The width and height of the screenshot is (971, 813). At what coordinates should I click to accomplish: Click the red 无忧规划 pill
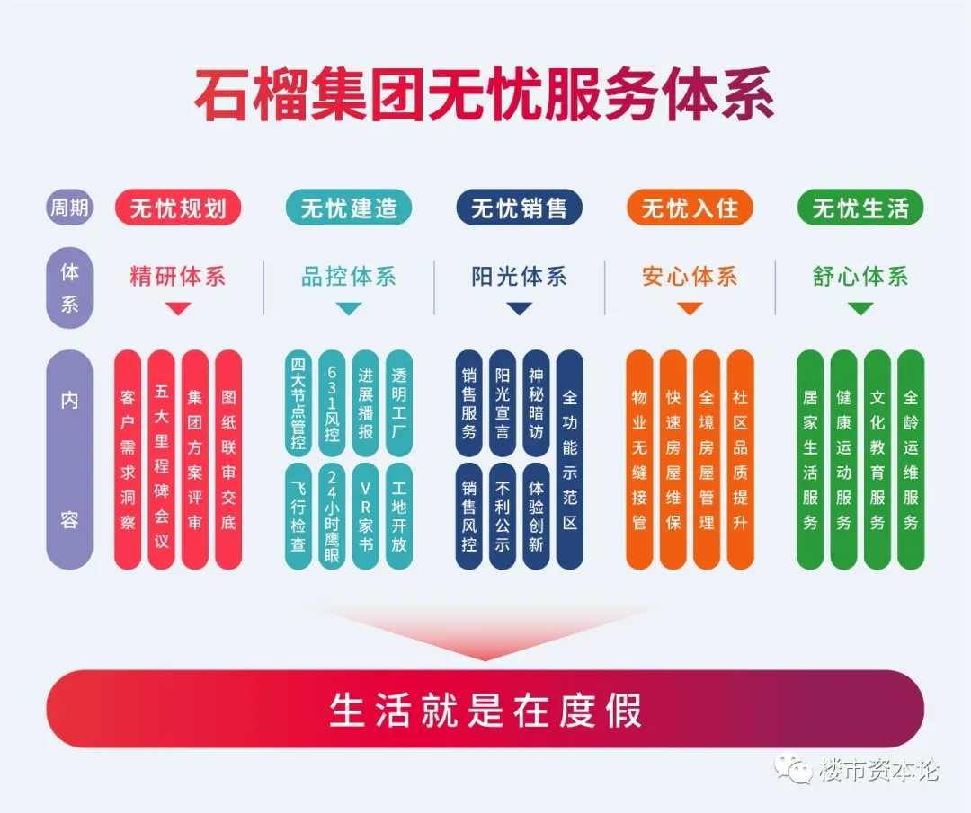[178, 208]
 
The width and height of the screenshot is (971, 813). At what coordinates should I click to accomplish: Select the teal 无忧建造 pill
[349, 208]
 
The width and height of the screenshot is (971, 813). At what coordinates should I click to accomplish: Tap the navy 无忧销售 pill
[519, 208]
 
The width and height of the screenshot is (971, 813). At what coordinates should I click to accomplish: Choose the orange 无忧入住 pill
[690, 208]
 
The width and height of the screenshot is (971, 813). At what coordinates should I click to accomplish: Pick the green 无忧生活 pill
[860, 208]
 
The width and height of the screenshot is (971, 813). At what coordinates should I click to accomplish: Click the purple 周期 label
[69, 208]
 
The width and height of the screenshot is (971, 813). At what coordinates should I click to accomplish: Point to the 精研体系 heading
[178, 277]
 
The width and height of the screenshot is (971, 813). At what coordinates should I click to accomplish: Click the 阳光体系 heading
[519, 277]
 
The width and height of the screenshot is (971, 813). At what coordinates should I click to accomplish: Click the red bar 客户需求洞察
[128, 460]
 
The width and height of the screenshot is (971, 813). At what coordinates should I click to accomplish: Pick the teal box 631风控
[332, 403]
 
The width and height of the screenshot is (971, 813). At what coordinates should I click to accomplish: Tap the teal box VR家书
[365, 516]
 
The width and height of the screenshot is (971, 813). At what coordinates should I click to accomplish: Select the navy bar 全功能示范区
[570, 460]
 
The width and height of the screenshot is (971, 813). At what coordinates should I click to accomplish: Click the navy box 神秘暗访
[536, 403]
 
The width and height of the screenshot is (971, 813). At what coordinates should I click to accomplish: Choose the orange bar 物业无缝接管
[640, 460]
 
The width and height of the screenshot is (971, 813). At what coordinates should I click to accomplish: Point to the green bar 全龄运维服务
[910, 460]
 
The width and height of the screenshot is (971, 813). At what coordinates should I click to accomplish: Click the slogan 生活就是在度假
[485, 710]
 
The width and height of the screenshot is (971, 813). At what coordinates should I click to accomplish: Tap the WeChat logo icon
[793, 768]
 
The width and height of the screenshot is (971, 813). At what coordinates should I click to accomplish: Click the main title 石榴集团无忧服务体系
[485, 94]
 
